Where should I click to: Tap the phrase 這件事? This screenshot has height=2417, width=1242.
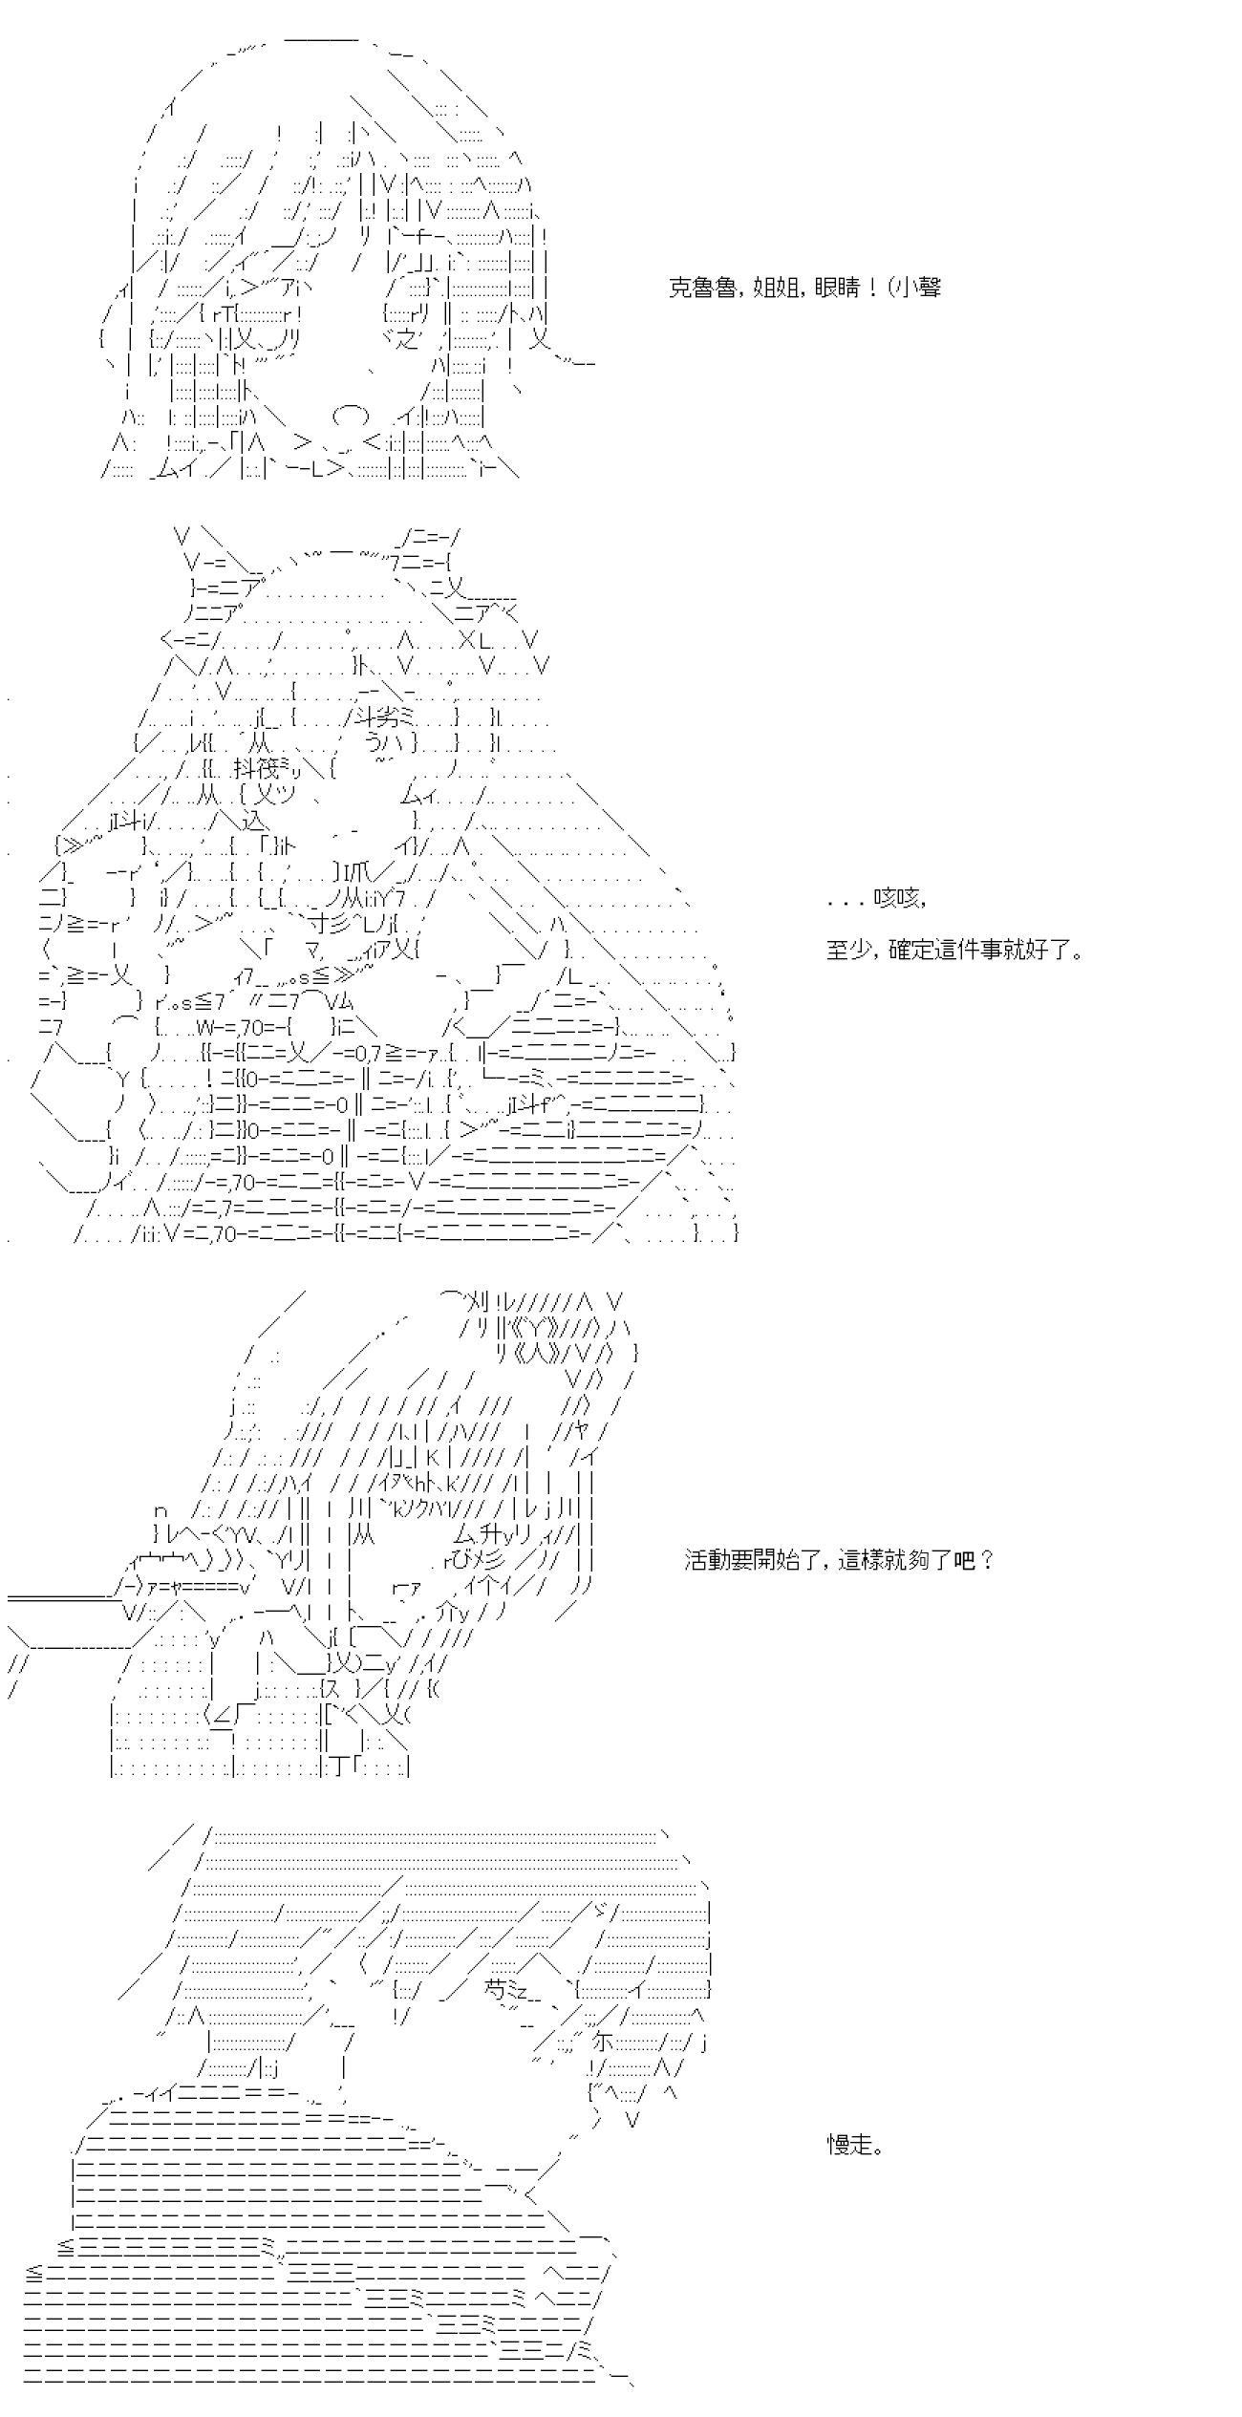963,951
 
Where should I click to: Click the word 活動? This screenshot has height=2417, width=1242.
706,1560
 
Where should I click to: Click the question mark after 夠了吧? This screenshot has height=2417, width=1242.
987,1560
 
